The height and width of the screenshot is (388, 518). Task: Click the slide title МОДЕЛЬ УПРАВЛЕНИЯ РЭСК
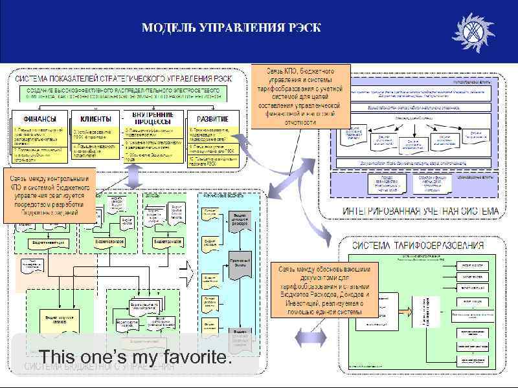click(231, 28)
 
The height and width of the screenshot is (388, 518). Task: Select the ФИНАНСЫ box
click(39, 119)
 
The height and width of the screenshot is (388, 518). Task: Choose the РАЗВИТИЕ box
click(212, 119)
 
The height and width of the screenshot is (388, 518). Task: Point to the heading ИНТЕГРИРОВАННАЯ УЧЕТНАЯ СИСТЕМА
click(421, 211)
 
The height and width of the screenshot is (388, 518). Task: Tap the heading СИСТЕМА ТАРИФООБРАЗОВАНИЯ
click(418, 245)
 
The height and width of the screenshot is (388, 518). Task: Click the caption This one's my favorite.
click(135, 356)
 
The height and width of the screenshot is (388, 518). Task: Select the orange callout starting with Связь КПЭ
click(300, 95)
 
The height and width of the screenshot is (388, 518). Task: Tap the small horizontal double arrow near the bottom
click(304, 338)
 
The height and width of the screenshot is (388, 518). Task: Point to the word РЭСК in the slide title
click(305, 28)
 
